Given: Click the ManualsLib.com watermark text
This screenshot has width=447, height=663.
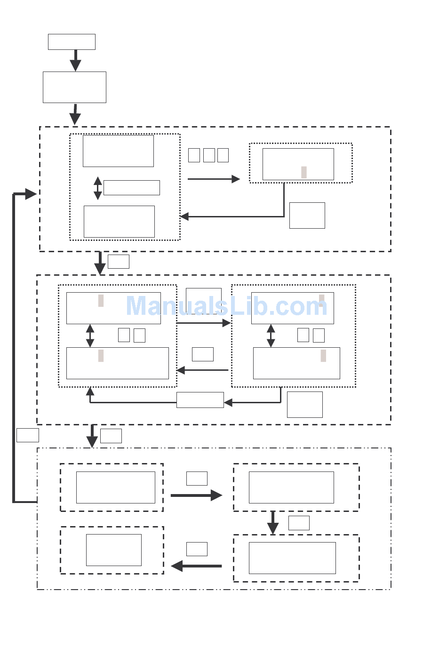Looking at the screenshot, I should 226,306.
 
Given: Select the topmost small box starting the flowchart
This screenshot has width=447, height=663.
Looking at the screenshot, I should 72,42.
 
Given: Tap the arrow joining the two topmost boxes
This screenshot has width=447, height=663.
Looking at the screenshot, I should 75,60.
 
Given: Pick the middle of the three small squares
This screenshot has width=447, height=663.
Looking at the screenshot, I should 209,155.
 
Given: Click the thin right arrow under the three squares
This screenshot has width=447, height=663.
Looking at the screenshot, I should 214,179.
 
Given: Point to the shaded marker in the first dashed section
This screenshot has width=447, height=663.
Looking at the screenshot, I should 304,172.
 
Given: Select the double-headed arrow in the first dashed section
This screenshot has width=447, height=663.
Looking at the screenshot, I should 98,188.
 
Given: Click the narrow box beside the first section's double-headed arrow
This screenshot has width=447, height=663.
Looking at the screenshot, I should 131,188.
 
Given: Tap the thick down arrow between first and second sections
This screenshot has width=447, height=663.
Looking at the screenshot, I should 100,263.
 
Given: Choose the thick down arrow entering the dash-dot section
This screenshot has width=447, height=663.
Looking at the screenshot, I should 92,436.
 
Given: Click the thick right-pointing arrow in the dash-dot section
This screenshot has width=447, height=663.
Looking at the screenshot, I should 196,495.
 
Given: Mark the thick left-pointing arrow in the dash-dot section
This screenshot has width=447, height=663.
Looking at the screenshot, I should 196,566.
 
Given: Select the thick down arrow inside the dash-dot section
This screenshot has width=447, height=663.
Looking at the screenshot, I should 273,523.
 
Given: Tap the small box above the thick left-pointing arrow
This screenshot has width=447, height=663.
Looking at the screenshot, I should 197,549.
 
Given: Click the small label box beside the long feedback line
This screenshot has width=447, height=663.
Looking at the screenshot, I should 28,435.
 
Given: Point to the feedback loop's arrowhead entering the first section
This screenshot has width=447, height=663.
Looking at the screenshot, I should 31,194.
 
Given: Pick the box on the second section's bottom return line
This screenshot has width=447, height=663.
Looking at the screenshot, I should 200,400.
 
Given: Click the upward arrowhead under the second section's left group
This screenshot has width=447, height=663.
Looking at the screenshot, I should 90,391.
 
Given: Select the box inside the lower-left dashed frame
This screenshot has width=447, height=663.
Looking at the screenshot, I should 114,550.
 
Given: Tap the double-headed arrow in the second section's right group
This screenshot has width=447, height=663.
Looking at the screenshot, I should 271,335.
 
